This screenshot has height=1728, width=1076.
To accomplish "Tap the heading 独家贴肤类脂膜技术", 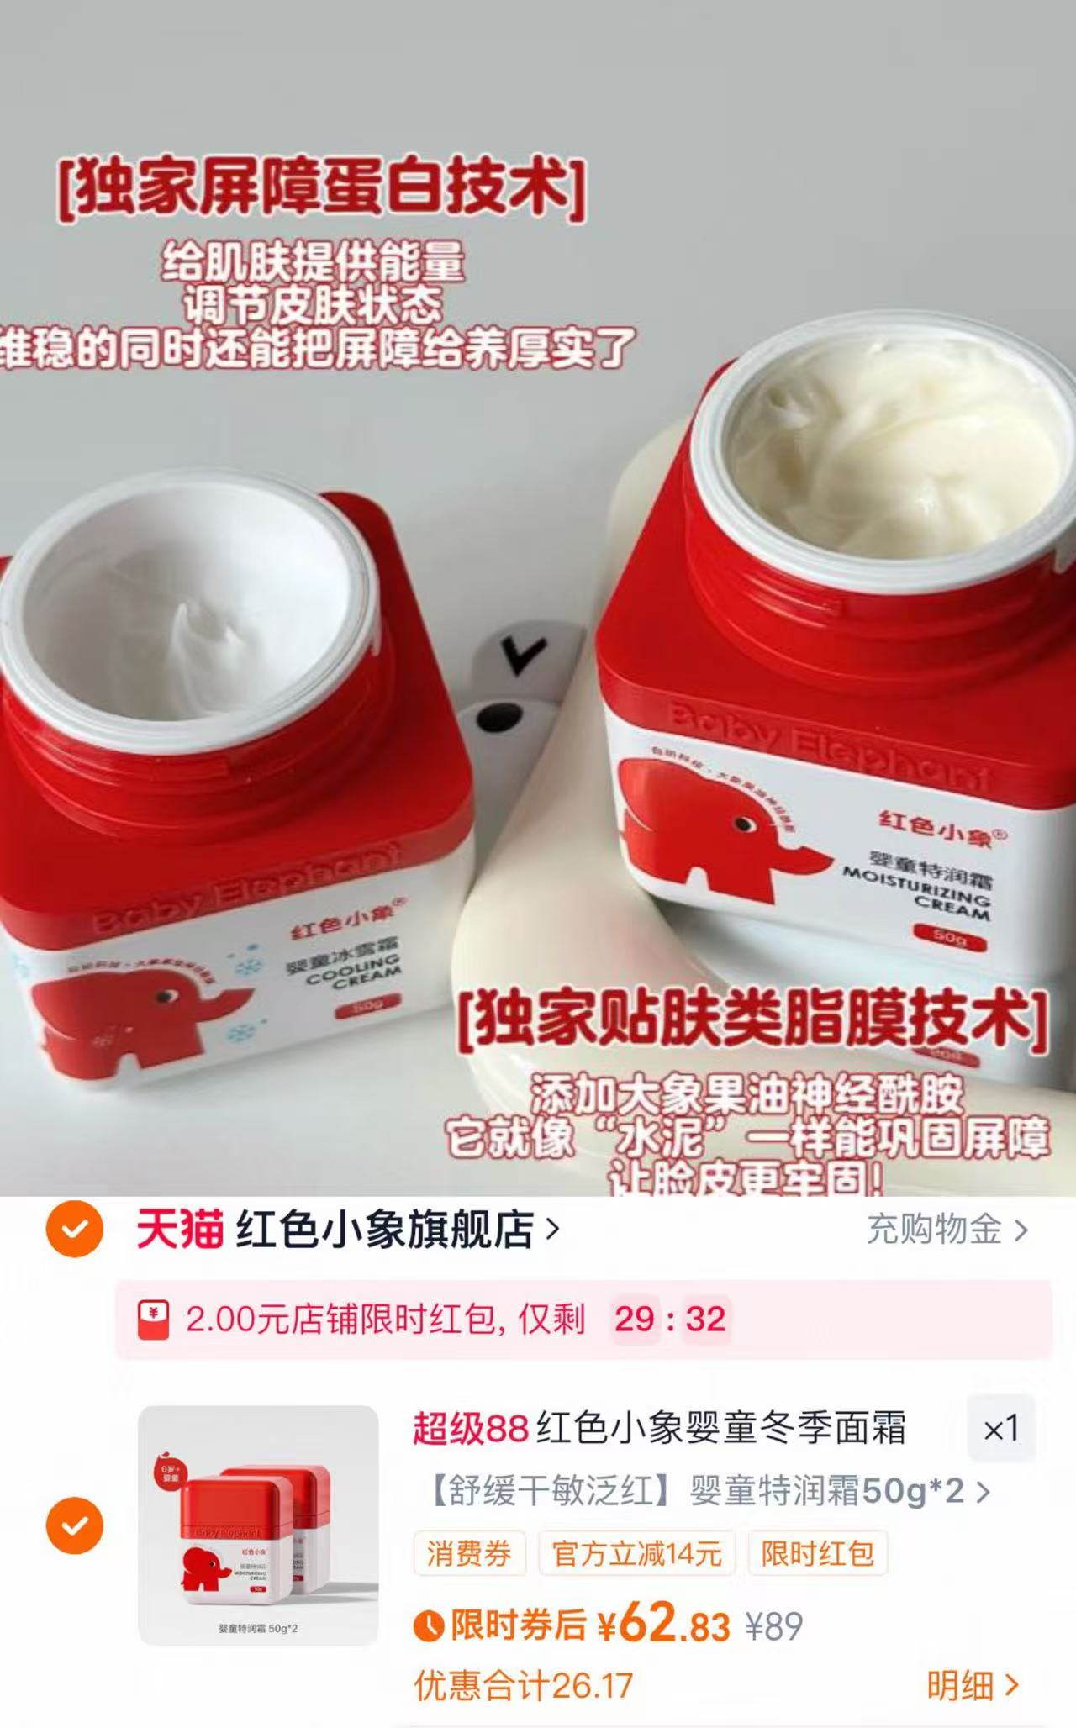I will coord(752,1020).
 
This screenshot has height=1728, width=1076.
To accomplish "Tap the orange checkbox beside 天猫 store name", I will coord(75,1230).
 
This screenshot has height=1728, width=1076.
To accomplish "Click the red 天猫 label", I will coord(180,1230).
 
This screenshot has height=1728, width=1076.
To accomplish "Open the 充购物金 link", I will coord(947,1230).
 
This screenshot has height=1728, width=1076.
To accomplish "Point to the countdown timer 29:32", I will coord(669,1318).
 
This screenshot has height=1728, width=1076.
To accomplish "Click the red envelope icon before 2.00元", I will coord(153,1319).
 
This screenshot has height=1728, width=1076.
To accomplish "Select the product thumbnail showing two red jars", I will coord(258,1525).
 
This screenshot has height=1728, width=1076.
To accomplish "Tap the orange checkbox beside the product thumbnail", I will coord(75,1525).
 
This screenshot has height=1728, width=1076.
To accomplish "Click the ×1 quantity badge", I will coord(1000,1428).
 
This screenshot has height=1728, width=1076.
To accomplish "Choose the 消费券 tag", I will coord(469,1553).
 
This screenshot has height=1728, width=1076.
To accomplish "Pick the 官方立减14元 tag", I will coord(636,1553).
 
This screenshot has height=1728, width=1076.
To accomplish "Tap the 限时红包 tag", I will coord(818,1553).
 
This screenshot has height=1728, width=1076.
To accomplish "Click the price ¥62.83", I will coord(663,1625).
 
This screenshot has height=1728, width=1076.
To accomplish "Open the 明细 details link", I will coord(972,1684).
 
